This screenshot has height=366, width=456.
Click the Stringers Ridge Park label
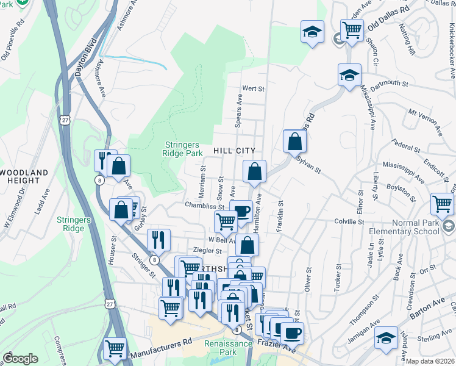coord(183,149)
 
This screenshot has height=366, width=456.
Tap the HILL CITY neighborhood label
coord(234,150)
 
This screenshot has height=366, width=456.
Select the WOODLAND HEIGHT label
coord(24,177)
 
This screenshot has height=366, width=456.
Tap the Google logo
coord(20,359)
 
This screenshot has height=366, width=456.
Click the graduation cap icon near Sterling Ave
coord(387,337)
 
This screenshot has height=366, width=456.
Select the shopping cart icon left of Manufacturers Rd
coord(114,348)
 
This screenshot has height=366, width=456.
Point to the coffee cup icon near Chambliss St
coord(241,210)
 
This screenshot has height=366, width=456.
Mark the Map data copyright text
coord(430,361)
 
